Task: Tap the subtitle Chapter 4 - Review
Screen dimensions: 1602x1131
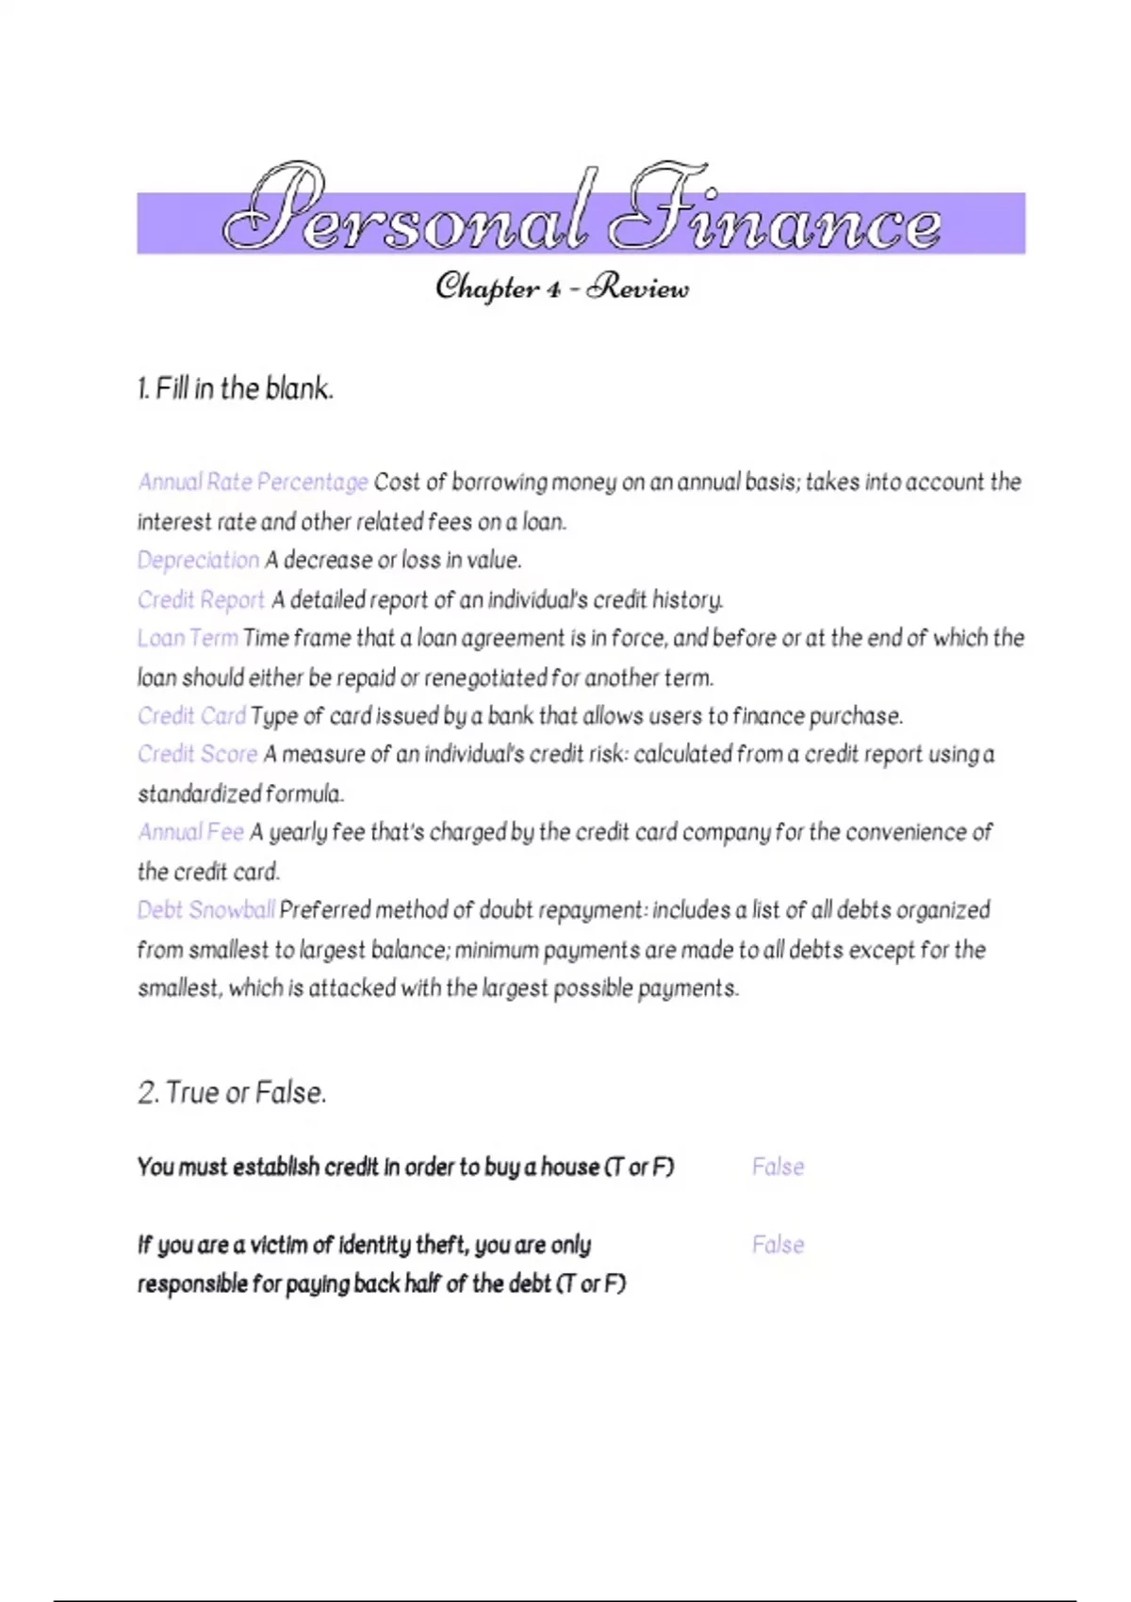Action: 563,286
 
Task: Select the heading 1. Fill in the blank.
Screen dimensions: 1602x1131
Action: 236,388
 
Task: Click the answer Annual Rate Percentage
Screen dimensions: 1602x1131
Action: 253,482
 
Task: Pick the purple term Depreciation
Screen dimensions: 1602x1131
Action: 198,560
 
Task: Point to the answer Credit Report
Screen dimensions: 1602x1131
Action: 201,599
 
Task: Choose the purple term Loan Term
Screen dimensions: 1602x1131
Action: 188,638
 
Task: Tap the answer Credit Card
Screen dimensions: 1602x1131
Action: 191,716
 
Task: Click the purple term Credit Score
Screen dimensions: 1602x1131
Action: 197,754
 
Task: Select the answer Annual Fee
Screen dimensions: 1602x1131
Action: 191,832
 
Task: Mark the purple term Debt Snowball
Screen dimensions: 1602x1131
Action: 205,910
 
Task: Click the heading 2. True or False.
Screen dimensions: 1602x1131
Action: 232,1093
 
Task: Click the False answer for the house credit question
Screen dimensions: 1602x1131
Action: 778,1167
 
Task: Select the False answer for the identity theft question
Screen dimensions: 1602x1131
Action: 778,1245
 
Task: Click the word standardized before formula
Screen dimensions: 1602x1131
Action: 199,794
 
